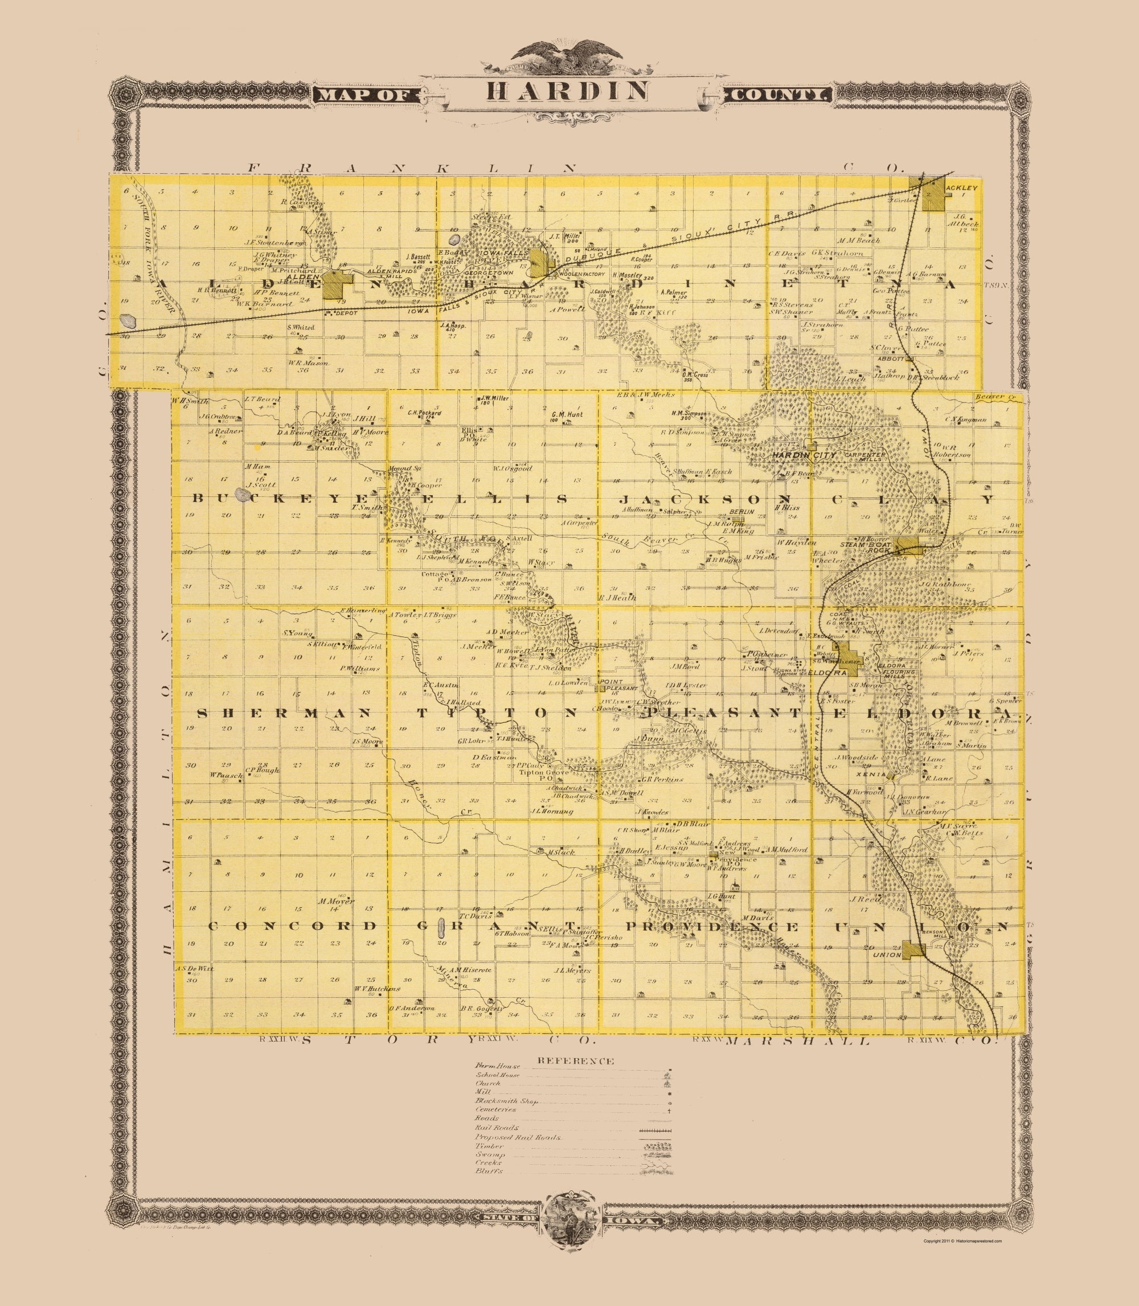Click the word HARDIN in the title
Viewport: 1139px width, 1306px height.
(x=568, y=92)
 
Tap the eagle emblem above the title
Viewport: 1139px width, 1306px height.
(x=568, y=54)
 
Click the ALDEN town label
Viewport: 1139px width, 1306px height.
(x=302, y=277)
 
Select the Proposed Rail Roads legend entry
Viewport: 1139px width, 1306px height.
(x=518, y=1137)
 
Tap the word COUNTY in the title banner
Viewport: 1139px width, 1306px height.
(x=779, y=95)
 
